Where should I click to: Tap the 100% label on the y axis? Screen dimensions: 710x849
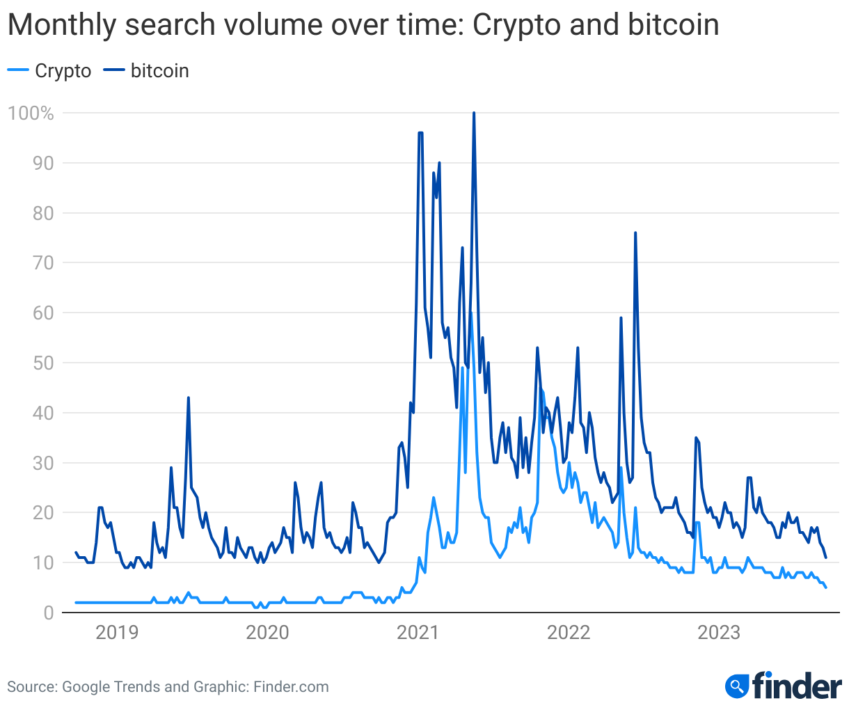pyautogui.click(x=31, y=113)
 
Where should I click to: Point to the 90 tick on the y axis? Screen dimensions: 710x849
pyautogui.click(x=43, y=164)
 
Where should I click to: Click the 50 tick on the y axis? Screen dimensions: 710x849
pyautogui.click(x=43, y=363)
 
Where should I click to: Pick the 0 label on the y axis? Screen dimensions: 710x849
pyautogui.click(x=49, y=613)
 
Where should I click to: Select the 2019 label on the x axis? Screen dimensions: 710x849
pyautogui.click(x=117, y=633)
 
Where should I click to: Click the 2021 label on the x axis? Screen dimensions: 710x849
pyautogui.click(x=418, y=633)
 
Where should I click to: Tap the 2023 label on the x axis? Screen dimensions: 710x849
pyautogui.click(x=719, y=633)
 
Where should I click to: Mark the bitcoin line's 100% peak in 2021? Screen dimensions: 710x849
pyautogui.click(x=474, y=113)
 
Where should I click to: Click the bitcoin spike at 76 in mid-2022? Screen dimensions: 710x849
pyautogui.click(x=635, y=233)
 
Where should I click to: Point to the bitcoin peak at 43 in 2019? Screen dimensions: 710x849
pyautogui.click(x=189, y=398)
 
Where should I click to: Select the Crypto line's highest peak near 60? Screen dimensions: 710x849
pyautogui.click(x=471, y=313)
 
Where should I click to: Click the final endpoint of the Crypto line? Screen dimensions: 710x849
pyautogui.click(x=826, y=588)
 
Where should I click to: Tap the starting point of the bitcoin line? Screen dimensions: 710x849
pyautogui.click(x=76, y=553)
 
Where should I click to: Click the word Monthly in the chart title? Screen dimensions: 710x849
pyautogui.click(x=57, y=26)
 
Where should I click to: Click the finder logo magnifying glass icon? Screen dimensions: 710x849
pyautogui.click(x=735, y=686)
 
